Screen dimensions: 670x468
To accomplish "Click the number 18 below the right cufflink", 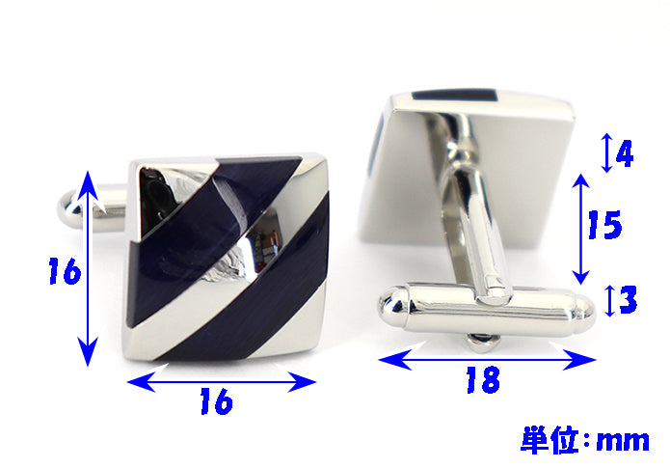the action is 483,379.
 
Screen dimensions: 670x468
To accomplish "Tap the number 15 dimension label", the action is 604,225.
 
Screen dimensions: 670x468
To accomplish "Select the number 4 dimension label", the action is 625,153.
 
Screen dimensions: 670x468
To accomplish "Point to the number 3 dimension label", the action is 628,299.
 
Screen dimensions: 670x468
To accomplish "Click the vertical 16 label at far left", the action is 65,271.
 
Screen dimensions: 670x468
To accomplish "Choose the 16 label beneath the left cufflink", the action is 217,401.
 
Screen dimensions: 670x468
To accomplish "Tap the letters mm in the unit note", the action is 623,441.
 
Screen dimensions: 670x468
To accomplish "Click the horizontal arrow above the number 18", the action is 487,359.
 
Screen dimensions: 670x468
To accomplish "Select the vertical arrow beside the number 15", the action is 580,229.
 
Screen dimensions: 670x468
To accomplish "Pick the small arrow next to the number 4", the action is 606,152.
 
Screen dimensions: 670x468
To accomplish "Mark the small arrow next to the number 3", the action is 610,301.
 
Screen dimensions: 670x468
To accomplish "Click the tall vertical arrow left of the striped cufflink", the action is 88,268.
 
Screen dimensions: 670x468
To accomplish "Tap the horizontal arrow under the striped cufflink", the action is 222,381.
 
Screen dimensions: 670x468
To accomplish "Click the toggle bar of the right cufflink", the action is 486,308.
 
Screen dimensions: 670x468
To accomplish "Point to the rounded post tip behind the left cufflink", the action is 69,209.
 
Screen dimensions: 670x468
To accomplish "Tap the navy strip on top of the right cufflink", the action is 455,95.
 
